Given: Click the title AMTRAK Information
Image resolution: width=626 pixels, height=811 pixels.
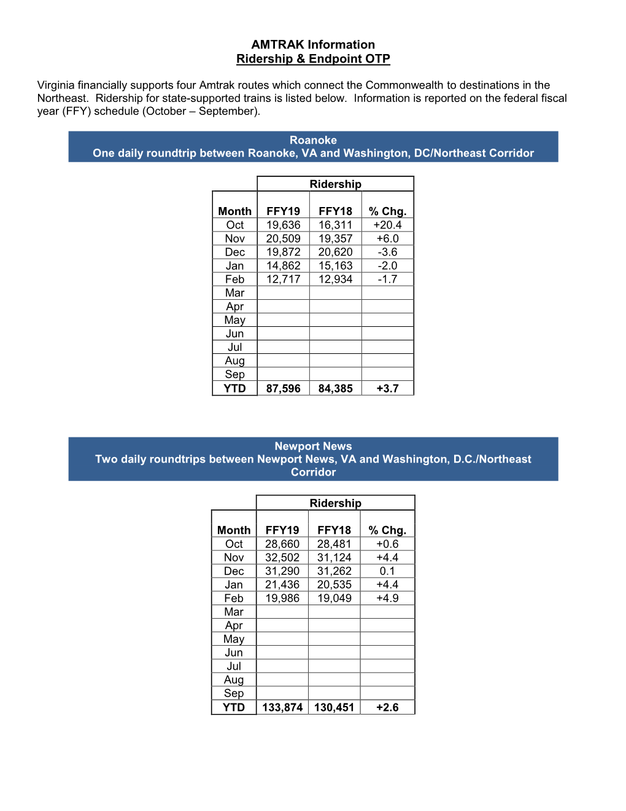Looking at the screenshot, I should [x=313, y=45].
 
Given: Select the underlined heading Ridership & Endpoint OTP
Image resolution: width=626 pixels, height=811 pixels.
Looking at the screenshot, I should [x=313, y=59].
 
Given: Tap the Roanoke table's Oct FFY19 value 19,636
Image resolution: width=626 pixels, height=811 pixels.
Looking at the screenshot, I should [x=283, y=225].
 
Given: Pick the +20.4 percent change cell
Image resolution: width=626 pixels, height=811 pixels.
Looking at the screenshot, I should [x=387, y=225].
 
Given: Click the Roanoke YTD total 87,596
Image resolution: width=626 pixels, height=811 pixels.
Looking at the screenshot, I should [x=283, y=389].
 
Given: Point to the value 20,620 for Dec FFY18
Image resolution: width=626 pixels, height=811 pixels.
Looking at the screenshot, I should [x=335, y=253].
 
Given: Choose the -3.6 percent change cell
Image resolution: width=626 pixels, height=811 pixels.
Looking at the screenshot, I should [x=387, y=253].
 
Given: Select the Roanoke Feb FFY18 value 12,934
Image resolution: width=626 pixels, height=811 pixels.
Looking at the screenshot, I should [x=335, y=280].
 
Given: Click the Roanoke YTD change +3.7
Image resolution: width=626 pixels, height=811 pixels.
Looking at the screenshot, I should [x=387, y=389].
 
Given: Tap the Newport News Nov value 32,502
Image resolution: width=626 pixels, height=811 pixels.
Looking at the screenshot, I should [x=282, y=558].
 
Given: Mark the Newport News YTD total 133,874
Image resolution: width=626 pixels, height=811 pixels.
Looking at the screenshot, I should [x=282, y=708].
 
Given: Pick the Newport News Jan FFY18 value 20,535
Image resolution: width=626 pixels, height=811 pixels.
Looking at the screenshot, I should [x=334, y=585].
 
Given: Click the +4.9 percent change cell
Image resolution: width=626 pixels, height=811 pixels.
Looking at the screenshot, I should [x=387, y=598].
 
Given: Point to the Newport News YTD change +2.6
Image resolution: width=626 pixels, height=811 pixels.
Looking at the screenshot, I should [x=387, y=708].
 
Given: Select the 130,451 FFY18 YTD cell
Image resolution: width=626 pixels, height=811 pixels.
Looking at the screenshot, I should [x=334, y=708].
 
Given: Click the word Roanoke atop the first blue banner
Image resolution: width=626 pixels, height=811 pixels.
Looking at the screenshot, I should [x=313, y=140].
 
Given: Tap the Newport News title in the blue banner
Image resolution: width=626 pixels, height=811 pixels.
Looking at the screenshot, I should [x=313, y=447].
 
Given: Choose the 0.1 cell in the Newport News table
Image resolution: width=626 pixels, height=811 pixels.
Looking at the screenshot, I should [x=387, y=571].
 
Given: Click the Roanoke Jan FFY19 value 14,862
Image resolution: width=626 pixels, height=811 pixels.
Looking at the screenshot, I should [x=283, y=266].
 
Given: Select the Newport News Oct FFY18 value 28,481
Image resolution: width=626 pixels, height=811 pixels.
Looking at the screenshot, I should [x=334, y=544].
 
